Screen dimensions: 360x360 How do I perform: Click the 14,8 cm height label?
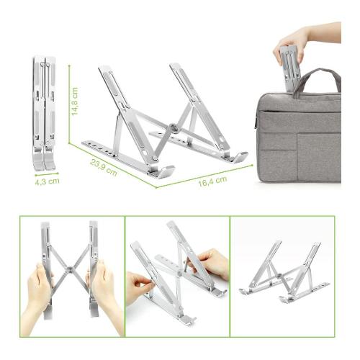point(75,101)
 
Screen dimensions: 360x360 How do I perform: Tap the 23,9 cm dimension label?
point(104,167)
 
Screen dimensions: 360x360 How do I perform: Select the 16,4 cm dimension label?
point(212,181)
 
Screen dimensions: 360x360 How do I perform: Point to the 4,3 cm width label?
point(47,181)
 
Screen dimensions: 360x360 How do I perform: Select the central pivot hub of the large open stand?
point(174,127)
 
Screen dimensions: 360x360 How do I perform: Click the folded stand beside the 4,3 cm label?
point(44,113)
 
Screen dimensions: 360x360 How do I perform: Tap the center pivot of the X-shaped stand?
point(70,269)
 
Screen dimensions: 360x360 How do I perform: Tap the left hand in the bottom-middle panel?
point(139,287)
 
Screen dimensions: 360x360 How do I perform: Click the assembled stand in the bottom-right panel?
point(284,272)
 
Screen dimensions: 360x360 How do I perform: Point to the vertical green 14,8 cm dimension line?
point(69,104)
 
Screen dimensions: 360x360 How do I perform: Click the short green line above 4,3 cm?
point(47,174)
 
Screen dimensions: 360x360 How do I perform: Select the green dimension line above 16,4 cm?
point(204,176)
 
